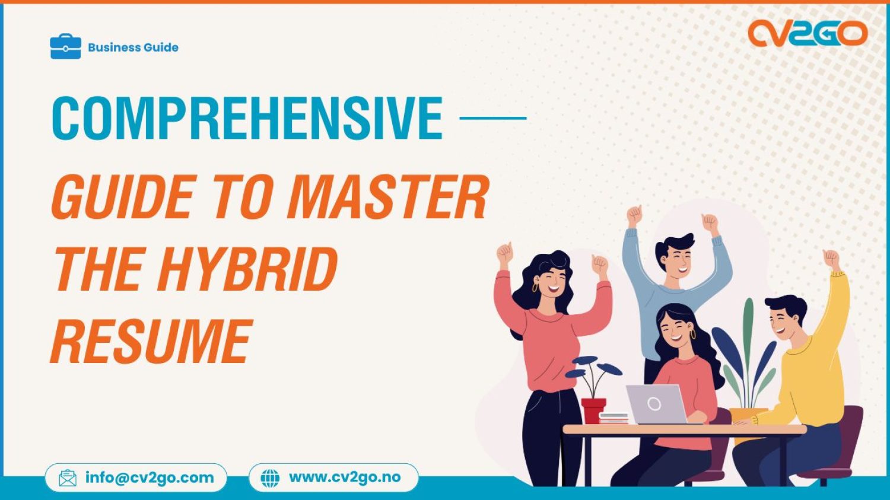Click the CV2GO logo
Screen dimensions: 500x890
pos(807,34)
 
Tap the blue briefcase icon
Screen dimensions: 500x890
pos(65,47)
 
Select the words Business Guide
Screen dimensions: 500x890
pos(133,47)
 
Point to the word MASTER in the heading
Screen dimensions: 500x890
pos(388,198)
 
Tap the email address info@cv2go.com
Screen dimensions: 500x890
pos(150,477)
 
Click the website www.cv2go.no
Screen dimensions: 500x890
pos(345,477)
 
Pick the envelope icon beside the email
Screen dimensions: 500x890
pos(68,478)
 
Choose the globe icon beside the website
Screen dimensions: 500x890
pos(270,478)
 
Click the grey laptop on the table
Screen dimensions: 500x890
pos(656,405)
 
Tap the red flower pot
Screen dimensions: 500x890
pos(593,410)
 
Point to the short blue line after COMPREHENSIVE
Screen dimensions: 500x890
pos(493,118)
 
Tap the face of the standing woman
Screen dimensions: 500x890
pos(548,281)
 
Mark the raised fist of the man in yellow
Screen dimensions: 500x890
pos(831,259)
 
